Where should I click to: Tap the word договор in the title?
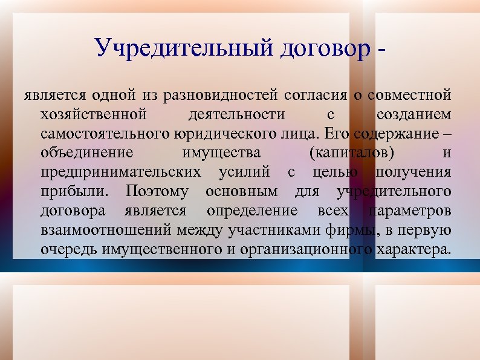(324, 48)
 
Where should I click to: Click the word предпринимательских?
(121, 172)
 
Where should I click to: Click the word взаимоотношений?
(108, 230)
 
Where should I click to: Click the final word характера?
(413, 249)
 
